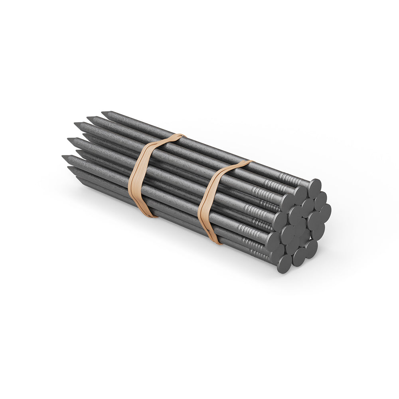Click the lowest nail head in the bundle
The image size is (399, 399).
pyautogui.click(x=284, y=264)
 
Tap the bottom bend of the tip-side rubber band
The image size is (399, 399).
pyautogui.click(x=150, y=215)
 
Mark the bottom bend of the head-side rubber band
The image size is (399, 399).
pyautogui.click(x=216, y=241)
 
